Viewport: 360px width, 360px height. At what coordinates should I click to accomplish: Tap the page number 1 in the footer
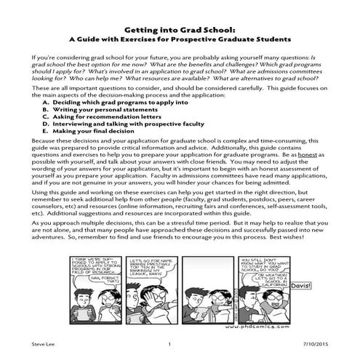[169, 344]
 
